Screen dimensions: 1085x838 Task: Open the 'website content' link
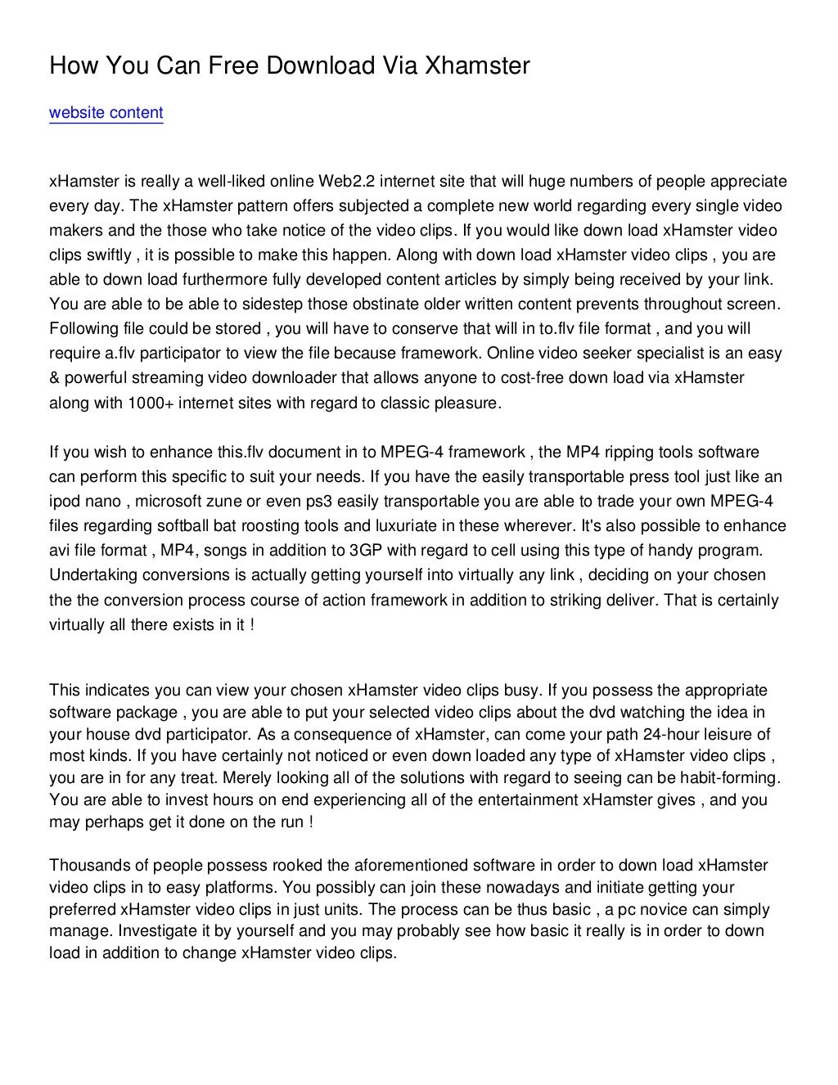(106, 113)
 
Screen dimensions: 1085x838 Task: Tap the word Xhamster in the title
(476, 66)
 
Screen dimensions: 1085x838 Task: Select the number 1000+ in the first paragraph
(148, 403)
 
